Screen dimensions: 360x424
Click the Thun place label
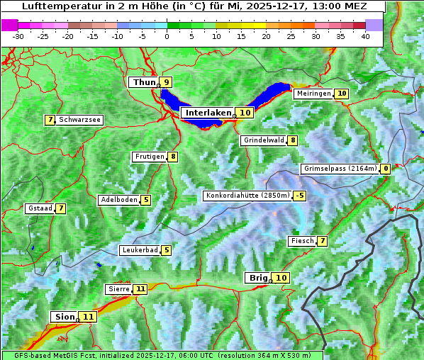pos(144,83)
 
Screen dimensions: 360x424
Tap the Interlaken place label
pos(208,113)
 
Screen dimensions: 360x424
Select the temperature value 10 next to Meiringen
pos(342,94)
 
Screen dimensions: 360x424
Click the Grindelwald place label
pos(264,140)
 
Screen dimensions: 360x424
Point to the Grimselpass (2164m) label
pos(340,169)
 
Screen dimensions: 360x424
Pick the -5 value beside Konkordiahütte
pos(300,196)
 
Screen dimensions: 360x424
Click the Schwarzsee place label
pos(79,120)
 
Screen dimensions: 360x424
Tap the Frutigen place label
pos(150,157)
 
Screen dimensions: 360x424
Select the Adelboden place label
pos(119,200)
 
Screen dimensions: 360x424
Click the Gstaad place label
pos(40,208)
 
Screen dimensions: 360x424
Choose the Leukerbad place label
pos(140,250)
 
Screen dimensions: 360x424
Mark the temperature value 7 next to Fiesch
pos(323,241)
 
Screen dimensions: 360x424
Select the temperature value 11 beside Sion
pos(88,317)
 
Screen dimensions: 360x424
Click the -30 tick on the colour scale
pos(18,35)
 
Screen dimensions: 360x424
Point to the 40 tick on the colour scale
pos(365,35)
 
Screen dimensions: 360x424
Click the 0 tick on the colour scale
pos(167,35)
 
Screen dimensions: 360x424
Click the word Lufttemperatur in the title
pos(57,6)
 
